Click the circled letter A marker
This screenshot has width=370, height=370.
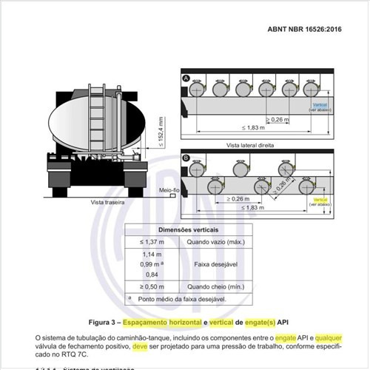tap(186, 77)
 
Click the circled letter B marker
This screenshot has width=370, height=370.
tap(186, 158)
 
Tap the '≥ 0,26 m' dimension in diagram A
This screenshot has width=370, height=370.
tap(275, 118)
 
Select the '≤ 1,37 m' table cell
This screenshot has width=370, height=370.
tap(152, 242)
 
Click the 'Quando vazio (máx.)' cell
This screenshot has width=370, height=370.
tap(215, 242)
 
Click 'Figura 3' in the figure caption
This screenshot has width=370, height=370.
tap(104, 323)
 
